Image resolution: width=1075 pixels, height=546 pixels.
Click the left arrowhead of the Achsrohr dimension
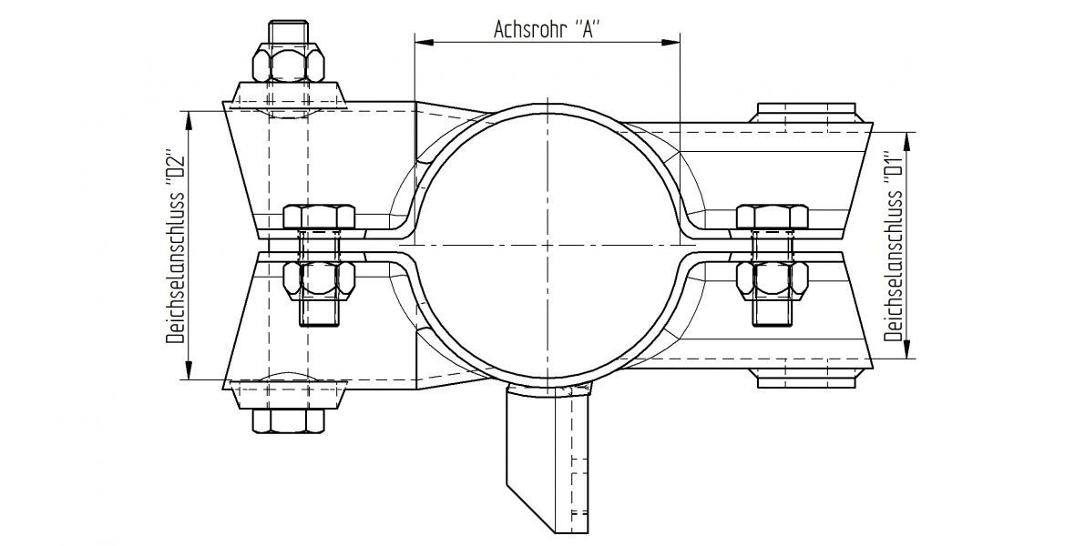click(421, 41)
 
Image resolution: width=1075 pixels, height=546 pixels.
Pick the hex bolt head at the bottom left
click(288, 420)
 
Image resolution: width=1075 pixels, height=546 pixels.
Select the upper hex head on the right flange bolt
click(770, 217)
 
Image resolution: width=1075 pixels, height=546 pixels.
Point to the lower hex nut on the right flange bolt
click(770, 279)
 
